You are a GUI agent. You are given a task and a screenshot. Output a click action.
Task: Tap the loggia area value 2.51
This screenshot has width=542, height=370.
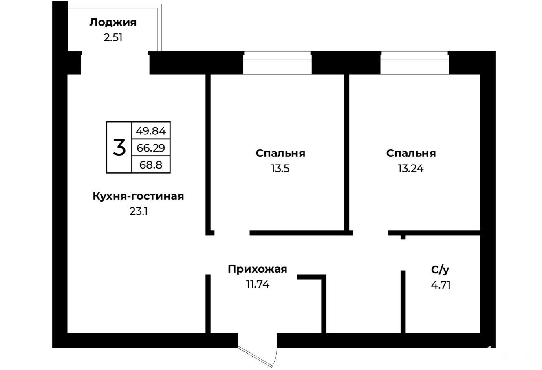coord(113,38)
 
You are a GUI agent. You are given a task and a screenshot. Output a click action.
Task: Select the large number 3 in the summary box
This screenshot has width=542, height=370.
coord(119,148)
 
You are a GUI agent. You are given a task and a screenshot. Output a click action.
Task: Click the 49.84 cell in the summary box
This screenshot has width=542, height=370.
coord(151,131)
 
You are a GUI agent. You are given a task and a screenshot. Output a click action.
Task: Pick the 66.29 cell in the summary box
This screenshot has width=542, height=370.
coord(151,148)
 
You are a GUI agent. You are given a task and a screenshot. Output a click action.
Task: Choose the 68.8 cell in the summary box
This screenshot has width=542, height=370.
coord(151,165)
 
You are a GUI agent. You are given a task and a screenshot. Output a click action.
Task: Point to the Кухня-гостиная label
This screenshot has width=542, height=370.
coord(138,196)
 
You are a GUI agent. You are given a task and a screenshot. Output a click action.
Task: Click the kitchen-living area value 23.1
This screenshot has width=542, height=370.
coord(139,211)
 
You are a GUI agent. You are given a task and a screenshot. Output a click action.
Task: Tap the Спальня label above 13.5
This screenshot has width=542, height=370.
coord(280,154)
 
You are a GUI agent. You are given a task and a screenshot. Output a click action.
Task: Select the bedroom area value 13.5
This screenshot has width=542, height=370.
coord(280,168)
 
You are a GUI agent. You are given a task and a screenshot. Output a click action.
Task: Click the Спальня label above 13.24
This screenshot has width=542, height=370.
coord(411,154)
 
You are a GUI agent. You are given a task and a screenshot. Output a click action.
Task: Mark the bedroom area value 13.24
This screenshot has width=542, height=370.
coord(411,168)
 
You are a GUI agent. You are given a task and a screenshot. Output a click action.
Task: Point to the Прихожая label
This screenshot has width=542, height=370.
coord(258,269)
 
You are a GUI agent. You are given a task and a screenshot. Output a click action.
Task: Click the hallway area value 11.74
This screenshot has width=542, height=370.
coord(258,284)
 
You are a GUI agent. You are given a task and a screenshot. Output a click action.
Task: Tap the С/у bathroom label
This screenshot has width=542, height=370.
coord(441,270)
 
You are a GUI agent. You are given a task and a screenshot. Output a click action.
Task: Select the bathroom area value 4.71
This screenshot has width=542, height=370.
coord(441,285)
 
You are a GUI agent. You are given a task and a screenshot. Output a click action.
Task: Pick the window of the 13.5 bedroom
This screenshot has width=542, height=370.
coord(277,63)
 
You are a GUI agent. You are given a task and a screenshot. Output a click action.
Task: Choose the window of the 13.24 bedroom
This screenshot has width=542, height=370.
coord(415,63)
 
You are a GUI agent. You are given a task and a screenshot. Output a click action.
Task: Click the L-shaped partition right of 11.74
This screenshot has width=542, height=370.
coord(324,304)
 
